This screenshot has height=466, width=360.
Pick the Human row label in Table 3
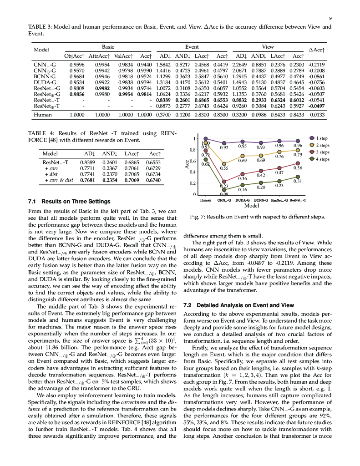(43, 115)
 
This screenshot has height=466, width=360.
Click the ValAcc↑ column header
(122, 56)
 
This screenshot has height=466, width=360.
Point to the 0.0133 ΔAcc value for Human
(318, 115)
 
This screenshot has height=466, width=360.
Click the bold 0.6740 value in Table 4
(155, 180)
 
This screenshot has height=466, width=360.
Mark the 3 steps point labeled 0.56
(298, 163)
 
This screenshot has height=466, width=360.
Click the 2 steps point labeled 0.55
(223, 164)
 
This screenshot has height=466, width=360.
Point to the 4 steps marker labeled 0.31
(298, 177)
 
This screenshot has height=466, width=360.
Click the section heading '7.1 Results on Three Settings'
(69, 201)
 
